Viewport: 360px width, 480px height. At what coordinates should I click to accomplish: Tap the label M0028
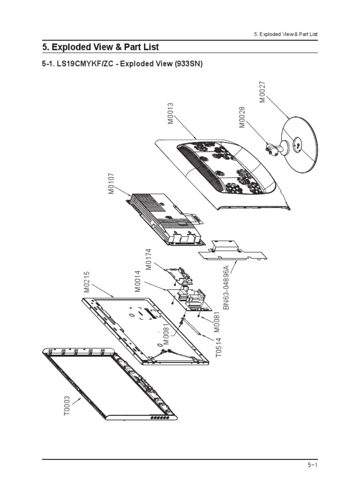click(242, 117)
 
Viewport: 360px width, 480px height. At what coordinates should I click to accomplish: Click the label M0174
click(149, 259)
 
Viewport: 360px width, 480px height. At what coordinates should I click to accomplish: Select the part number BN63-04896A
click(226, 287)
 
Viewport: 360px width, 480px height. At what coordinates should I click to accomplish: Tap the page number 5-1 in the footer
click(313, 465)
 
